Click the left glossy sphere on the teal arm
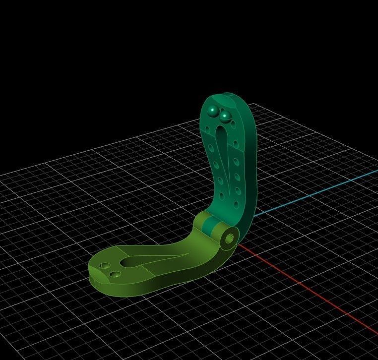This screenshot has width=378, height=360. [x=212, y=110]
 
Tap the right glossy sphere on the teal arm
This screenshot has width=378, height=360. [x=225, y=116]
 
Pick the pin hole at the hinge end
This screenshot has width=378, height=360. [x=229, y=239]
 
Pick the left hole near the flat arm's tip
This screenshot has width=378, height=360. [x=104, y=266]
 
